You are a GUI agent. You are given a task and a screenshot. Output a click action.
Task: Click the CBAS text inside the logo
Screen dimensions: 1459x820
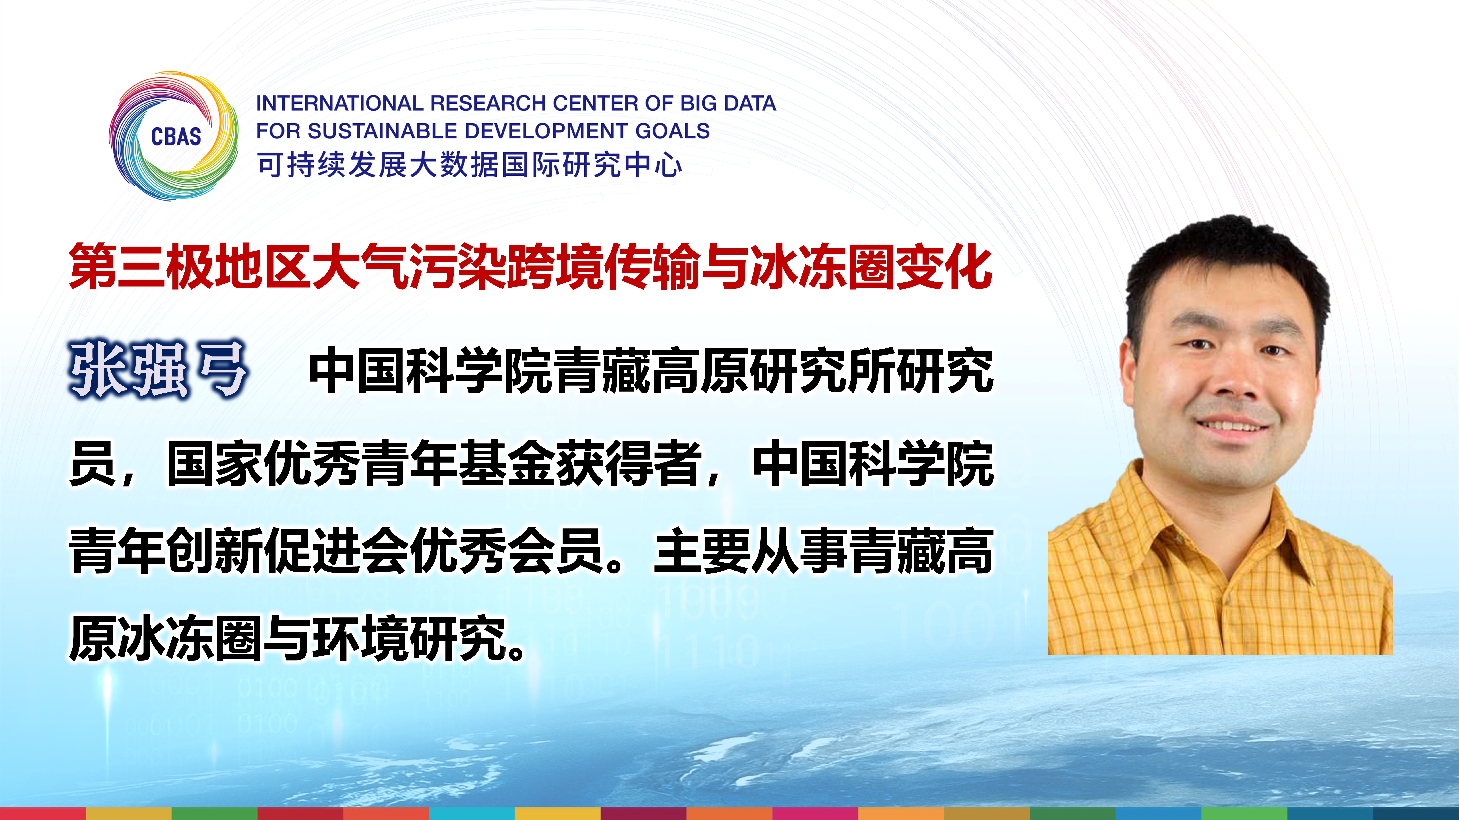coord(176,136)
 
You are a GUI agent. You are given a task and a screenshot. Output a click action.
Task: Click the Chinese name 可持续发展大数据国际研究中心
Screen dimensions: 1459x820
coord(470,165)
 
